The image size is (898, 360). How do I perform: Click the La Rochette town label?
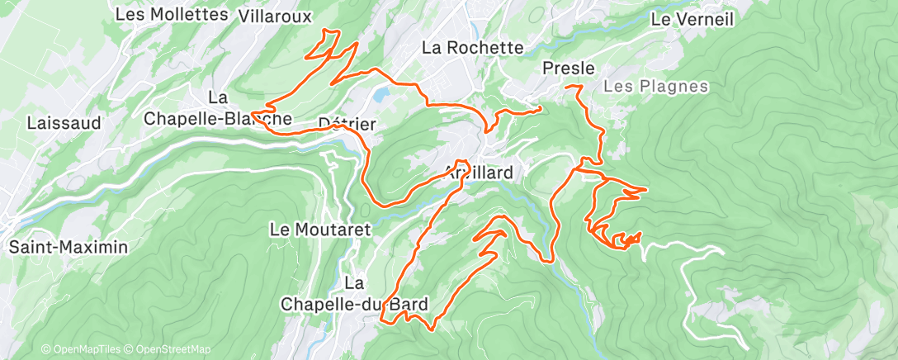pos(472,48)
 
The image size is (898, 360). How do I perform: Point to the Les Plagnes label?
pos(655,86)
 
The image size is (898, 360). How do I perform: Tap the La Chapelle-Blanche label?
pos(218,108)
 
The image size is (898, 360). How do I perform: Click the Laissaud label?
pos(64,123)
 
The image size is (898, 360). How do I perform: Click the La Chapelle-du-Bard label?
pos(354,294)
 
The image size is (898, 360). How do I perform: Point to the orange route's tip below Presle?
pos(568,86)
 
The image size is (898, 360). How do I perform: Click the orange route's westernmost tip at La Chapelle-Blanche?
pos(252,111)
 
